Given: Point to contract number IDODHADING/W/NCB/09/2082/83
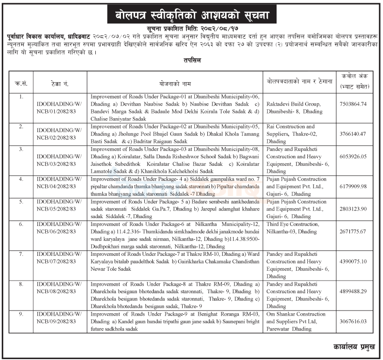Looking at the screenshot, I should point(58,318).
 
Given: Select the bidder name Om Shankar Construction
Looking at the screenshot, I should point(296,314).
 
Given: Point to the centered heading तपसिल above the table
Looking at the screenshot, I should point(191,61).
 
